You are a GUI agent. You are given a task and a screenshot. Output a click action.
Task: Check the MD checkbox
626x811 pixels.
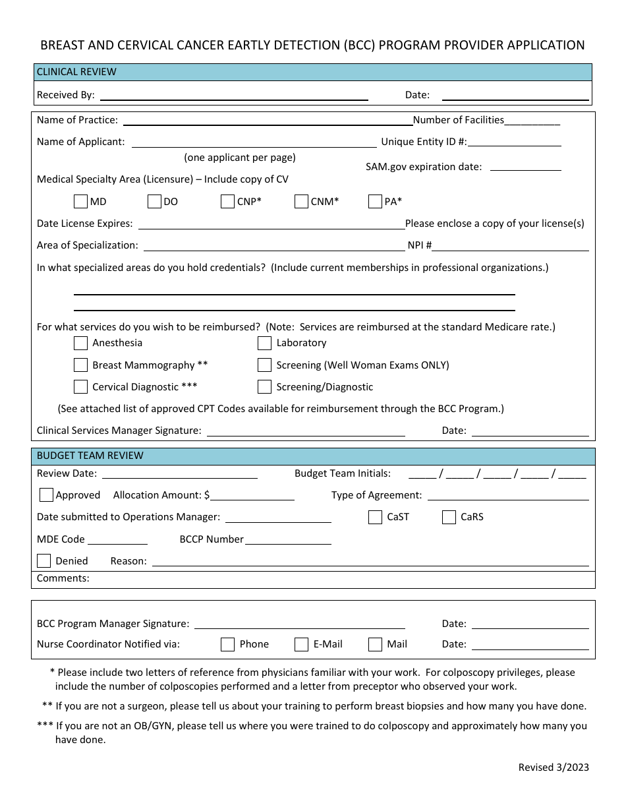point(80,201)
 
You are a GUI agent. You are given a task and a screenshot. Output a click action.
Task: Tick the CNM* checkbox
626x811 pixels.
point(301,201)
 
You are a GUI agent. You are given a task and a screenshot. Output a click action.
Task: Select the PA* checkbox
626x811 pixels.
point(375,201)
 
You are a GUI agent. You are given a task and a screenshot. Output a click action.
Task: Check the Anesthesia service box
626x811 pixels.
point(80,343)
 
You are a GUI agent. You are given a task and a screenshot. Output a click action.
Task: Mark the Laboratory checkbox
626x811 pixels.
point(264,343)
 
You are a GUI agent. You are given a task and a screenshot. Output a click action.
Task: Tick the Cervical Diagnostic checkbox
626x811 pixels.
point(80,386)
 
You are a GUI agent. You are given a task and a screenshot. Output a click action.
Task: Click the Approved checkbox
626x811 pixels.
point(46,495)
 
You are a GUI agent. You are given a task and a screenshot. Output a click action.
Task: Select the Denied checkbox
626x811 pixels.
point(44,561)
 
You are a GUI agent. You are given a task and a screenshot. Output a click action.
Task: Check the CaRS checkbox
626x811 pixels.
point(449,517)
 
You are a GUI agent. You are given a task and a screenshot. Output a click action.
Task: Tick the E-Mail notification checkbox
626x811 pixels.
point(301,644)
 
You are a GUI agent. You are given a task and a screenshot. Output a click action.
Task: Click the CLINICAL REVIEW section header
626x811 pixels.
point(76,72)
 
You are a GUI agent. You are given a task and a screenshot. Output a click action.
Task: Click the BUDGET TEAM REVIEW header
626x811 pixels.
point(90,456)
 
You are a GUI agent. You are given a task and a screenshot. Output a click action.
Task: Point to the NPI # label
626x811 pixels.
point(420,245)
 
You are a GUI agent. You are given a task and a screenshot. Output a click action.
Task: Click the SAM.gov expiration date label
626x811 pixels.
point(424,167)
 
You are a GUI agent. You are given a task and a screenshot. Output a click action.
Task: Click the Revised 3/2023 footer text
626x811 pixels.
point(554,767)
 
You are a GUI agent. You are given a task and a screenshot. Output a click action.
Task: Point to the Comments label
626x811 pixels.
point(63,578)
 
